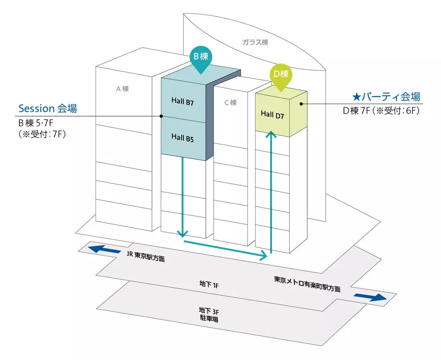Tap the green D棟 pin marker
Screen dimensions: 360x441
point(281,75)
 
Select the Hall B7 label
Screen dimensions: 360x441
point(182,102)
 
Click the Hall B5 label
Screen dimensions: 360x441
point(182,137)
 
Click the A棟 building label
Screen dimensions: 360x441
point(122,88)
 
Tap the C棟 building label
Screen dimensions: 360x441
point(231,102)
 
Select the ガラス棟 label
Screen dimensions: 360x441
point(255,42)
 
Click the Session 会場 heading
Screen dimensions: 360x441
point(47,108)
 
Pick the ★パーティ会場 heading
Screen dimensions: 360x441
point(386,97)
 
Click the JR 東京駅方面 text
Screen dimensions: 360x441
point(146,256)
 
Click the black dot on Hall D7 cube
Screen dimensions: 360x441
point(301,104)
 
